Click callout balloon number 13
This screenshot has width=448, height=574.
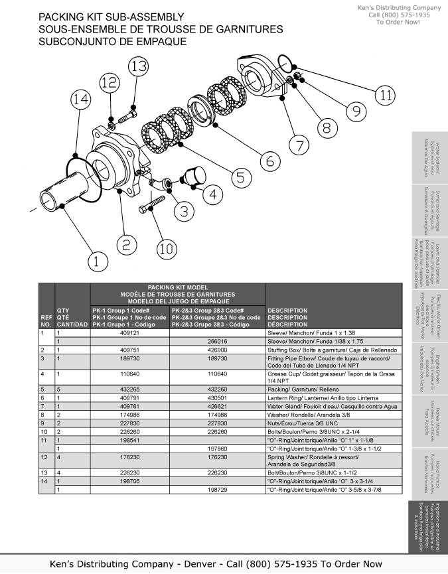pyautogui.click(x=138, y=66)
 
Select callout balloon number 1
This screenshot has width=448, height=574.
pyautogui.click(x=97, y=261)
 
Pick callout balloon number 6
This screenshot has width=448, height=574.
pyautogui.click(x=269, y=160)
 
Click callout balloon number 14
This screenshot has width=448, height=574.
pyautogui.click(x=80, y=100)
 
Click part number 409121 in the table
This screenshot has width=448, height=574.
pyautogui.click(x=130, y=334)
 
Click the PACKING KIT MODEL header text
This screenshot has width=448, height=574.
pyautogui.click(x=178, y=288)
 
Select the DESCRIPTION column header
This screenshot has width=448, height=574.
pyautogui.click(x=287, y=317)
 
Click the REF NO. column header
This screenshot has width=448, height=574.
pyautogui.click(x=46, y=321)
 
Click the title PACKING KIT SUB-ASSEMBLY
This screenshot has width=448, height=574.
pyautogui.click(x=111, y=17)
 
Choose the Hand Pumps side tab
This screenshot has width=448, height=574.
pyautogui.click(x=425, y=472)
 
